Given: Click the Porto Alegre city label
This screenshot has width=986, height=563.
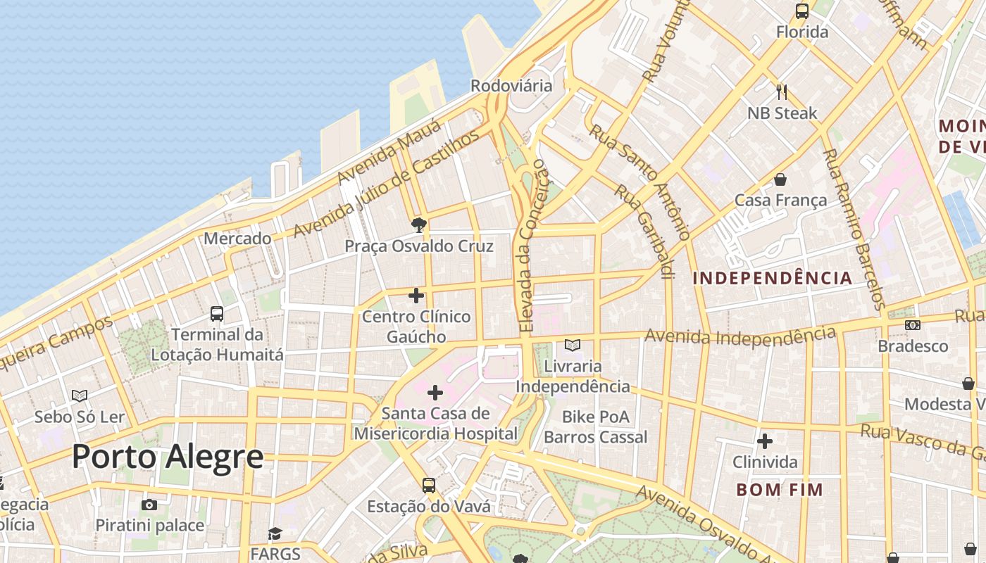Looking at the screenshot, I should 168,457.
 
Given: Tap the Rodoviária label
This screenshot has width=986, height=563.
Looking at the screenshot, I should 511,86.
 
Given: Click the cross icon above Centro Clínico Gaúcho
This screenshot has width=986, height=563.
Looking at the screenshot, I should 416,296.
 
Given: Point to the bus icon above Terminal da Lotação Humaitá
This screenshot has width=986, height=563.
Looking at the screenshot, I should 217,314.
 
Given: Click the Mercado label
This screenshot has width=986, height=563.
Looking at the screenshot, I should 237,239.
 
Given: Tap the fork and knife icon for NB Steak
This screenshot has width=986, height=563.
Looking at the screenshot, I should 781,92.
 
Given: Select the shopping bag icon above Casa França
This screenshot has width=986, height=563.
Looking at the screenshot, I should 780,179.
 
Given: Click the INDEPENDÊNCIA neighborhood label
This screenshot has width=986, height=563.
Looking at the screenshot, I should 772,278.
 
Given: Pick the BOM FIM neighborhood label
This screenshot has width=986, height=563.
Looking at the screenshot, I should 780,490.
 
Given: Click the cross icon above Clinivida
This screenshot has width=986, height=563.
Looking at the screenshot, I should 765,442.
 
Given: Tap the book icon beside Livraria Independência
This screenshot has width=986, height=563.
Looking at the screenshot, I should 573,346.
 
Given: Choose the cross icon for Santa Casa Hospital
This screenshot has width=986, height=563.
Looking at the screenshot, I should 435,393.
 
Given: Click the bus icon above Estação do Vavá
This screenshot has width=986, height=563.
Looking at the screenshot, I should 428,486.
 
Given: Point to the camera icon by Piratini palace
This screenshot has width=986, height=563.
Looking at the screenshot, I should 149,505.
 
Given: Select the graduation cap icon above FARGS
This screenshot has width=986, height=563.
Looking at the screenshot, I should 275,534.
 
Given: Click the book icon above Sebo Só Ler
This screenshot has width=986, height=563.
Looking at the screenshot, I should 80,396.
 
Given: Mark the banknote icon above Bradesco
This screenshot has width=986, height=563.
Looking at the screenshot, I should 913,325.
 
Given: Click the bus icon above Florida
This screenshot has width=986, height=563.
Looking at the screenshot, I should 802,11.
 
